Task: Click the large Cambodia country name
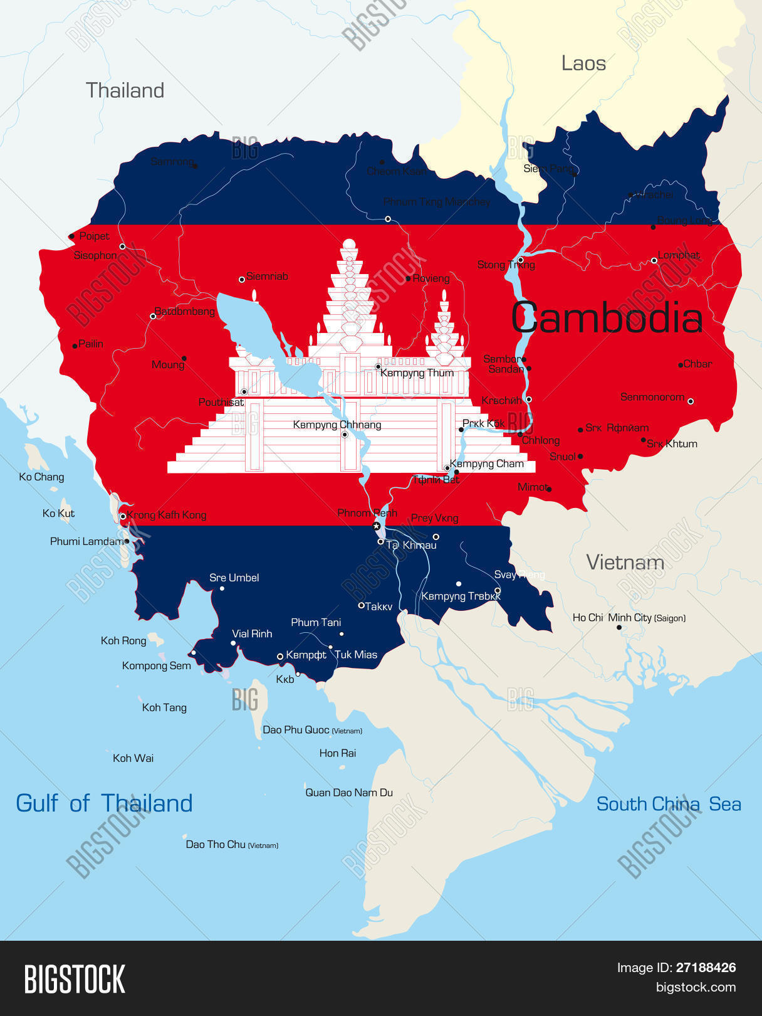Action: (x=607, y=318)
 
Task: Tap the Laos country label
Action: (x=583, y=63)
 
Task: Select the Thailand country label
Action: (x=125, y=90)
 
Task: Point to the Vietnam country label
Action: (x=625, y=563)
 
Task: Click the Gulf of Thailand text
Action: (x=104, y=803)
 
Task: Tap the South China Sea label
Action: (x=668, y=804)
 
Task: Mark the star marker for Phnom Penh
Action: (x=377, y=526)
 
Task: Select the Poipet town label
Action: (x=94, y=236)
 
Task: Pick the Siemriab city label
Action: (x=267, y=277)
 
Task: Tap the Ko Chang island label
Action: (x=41, y=477)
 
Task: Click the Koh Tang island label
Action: (x=164, y=707)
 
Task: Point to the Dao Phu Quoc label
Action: (x=296, y=730)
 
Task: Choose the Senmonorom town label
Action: (x=652, y=397)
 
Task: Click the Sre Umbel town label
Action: (x=234, y=578)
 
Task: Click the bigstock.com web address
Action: (x=696, y=988)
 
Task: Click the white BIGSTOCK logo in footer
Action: (x=75, y=979)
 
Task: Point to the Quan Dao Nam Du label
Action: (x=349, y=793)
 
